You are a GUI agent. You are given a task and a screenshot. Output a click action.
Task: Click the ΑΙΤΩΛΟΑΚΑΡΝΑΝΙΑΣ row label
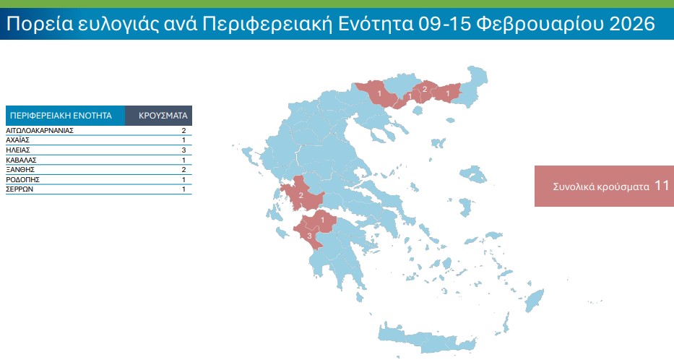click(40, 130)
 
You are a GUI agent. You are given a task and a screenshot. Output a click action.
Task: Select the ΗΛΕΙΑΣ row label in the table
click(18, 150)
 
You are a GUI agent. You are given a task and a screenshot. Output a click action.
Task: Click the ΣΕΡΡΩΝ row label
click(20, 189)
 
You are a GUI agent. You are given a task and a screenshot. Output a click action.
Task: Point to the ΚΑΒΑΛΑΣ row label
click(21, 159)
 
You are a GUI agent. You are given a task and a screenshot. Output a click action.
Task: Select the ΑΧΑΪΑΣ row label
click(18, 140)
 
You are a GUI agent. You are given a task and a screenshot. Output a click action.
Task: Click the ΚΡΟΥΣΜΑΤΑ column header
click(163, 115)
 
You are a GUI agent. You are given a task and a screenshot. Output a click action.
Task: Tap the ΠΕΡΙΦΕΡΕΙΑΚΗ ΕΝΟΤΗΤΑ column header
click(61, 115)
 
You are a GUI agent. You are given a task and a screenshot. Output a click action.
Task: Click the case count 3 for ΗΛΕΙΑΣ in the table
click(183, 150)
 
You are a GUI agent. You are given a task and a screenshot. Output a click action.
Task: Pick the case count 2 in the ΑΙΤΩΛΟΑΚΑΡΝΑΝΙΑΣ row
click(183, 130)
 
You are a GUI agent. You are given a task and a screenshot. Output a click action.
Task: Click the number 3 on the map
click(309, 236)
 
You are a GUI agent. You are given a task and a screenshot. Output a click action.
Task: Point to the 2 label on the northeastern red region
click(424, 90)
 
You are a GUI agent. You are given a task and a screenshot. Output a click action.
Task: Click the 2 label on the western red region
click(301, 195)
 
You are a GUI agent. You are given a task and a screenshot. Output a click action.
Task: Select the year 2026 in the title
click(622, 25)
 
